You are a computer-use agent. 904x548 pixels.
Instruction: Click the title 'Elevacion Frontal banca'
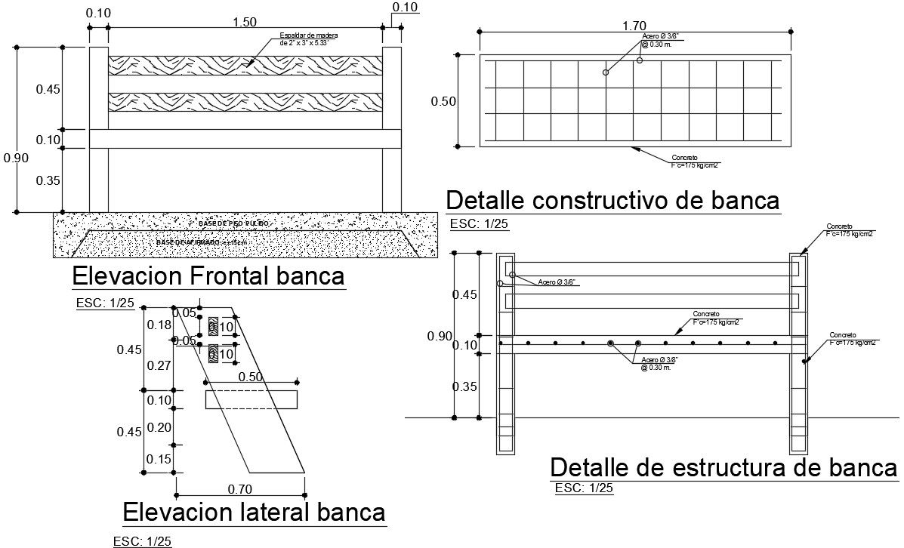click(208, 276)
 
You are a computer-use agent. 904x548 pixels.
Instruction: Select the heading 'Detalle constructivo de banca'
click(612, 201)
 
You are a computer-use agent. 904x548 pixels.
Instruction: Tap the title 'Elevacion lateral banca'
click(254, 512)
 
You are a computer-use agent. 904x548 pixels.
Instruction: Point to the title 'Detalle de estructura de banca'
click(724, 467)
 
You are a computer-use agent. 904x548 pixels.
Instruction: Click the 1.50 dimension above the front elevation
click(245, 23)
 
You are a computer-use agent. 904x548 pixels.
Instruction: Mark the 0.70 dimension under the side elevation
click(239, 489)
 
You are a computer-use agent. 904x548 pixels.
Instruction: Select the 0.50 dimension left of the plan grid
click(443, 102)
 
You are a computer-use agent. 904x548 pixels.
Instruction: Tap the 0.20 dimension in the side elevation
click(159, 427)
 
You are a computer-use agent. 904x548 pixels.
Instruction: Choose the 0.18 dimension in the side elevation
click(159, 325)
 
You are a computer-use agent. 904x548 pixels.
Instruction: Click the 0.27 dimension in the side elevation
click(159, 366)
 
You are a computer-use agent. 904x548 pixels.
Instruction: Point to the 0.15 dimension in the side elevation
click(159, 459)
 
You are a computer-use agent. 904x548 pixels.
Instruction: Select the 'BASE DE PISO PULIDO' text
click(233, 224)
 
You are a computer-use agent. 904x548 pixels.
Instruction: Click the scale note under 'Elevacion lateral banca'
click(141, 541)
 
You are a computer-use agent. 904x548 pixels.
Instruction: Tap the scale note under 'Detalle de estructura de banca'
click(584, 488)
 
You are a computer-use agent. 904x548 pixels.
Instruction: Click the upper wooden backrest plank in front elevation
click(245, 65)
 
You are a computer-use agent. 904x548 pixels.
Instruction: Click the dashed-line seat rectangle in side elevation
click(251, 399)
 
